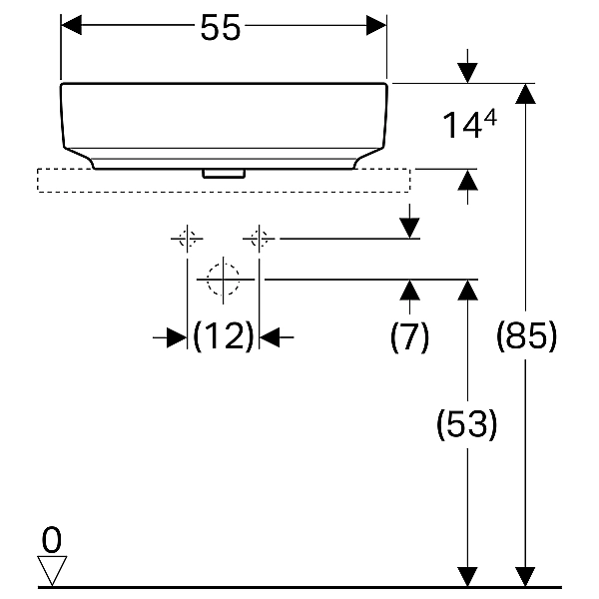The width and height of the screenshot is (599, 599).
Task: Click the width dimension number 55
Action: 221,27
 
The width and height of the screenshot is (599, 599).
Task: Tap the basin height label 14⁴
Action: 469,124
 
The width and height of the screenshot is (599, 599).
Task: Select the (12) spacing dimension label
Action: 224,336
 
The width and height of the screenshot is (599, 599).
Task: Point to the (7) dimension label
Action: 409,337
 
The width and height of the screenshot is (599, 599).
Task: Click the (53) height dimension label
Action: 467,424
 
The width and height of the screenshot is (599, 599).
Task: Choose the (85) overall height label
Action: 526,336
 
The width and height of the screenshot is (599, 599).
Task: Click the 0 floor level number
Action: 52,540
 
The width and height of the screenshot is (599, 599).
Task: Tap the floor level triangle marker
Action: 52,570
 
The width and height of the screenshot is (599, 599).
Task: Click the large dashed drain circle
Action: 223,280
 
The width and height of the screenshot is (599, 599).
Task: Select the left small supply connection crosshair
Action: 187,239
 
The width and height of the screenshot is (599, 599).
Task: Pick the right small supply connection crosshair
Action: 259,239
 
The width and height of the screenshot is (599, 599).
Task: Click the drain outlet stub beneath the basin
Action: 224,174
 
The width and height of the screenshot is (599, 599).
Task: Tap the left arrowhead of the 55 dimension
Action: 72,25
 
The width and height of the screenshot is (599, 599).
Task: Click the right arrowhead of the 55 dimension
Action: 376,25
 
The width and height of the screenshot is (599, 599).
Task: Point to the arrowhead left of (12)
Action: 177,337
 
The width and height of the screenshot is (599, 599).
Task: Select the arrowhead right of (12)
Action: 270,337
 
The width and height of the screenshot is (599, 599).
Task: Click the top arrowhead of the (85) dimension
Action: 525,94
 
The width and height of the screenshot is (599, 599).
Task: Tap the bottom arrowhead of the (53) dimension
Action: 467,577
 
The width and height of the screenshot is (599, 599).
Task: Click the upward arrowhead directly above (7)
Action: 409,290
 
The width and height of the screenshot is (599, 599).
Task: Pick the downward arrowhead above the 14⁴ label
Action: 467,73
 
